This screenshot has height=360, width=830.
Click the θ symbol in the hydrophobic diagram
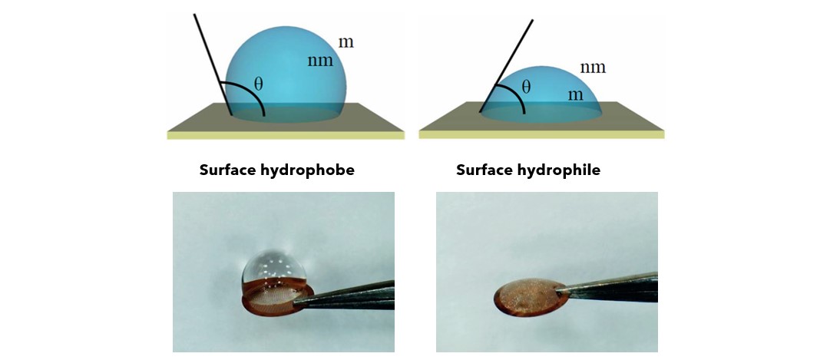pos(258,83)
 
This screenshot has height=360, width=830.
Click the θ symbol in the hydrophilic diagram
pos(526,86)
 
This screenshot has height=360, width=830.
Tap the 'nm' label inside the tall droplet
pos(321,61)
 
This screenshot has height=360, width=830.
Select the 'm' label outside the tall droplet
pos(346,42)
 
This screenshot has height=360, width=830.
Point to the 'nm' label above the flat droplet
pos(593,68)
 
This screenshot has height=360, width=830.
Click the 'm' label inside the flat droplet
pos(575,95)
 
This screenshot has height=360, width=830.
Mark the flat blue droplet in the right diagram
pos(541,95)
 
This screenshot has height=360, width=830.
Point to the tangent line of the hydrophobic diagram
pos(213,64)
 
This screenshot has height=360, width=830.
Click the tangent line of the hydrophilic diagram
pos(506,66)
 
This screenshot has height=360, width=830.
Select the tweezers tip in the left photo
pos(297,302)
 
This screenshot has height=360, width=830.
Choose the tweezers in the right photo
pos(606,289)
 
